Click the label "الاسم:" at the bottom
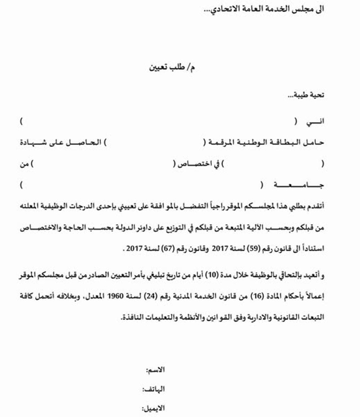[155, 371]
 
